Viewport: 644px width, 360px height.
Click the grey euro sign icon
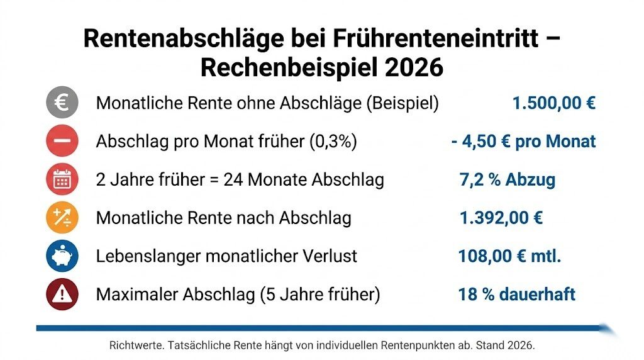tap(62, 103)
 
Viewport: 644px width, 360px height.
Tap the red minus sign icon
tap(62, 142)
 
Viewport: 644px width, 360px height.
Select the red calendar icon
tap(62, 180)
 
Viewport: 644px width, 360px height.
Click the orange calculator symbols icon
tap(62, 218)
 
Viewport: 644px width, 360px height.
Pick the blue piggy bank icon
tap(62, 256)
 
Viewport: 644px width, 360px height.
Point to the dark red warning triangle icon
tap(62, 294)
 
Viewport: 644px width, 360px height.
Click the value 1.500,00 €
tap(553, 103)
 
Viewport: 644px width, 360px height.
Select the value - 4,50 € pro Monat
tap(523, 142)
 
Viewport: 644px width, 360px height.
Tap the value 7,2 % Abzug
tap(508, 180)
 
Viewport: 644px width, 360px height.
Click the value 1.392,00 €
tap(501, 218)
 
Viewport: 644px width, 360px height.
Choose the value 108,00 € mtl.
tap(510, 256)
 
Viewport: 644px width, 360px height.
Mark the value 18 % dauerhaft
tap(516, 295)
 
